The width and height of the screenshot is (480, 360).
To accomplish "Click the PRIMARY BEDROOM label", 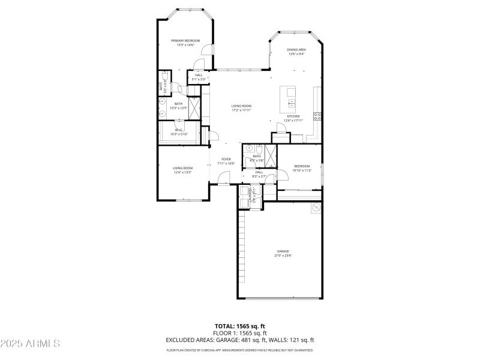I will [185, 41].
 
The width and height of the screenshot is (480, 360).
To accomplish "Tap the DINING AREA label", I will [296, 50].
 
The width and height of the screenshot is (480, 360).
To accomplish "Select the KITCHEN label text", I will [293, 116].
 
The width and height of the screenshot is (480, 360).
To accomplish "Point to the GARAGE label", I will [283, 251].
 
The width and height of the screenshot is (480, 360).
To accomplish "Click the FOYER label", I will [226, 159].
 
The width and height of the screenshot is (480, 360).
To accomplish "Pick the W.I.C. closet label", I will [179, 130].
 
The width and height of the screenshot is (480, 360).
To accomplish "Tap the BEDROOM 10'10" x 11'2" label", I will [301, 166].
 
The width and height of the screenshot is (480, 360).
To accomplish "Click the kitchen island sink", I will [291, 102].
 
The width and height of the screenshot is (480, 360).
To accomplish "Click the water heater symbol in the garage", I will [316, 208].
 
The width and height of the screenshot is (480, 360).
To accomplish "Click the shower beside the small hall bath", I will [272, 155].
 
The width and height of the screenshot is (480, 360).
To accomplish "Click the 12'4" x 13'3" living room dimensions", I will [182, 172].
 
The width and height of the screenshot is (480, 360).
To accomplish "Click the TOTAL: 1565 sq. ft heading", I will [239, 327].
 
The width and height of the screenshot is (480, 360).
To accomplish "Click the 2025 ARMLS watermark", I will [31, 344].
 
